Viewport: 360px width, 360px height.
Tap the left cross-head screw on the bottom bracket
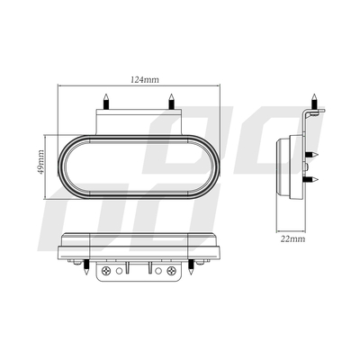coord(108,271)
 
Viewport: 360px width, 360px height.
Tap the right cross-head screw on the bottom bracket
coord(165,271)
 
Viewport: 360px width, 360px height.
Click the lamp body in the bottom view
coord(137,244)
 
